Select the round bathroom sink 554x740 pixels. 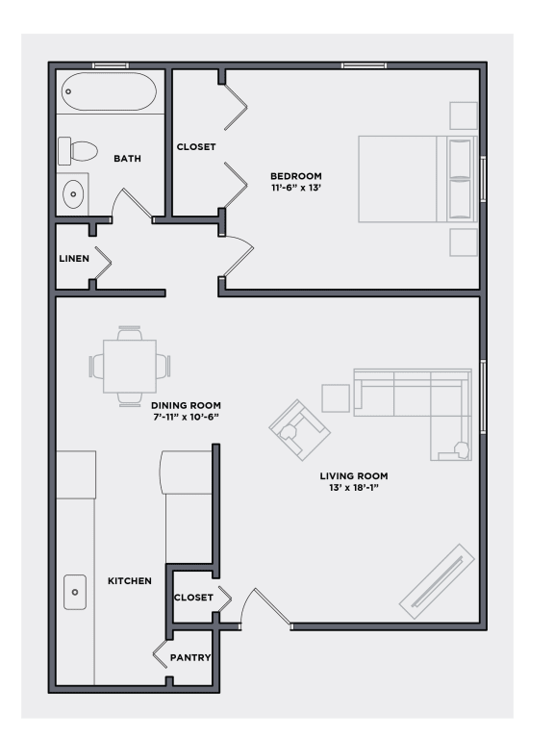tap(73, 195)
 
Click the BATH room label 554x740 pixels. tap(128, 159)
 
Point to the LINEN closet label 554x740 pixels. tap(74, 259)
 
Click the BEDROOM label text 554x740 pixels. tap(295, 175)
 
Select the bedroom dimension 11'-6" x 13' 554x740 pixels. tap(295, 189)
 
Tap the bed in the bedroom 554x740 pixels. tap(415, 179)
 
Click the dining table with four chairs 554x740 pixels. tap(129, 365)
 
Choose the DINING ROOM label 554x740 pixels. tap(186, 405)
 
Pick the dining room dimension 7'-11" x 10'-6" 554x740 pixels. tap(186, 418)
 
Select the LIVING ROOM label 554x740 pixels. tap(354, 476)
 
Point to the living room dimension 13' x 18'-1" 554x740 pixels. tap(354, 489)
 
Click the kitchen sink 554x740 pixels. tap(74, 592)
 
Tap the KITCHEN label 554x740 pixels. tap(129, 581)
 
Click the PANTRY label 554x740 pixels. tap(190, 658)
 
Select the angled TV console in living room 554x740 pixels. tap(437, 581)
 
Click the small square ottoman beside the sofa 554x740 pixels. tap(336, 398)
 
